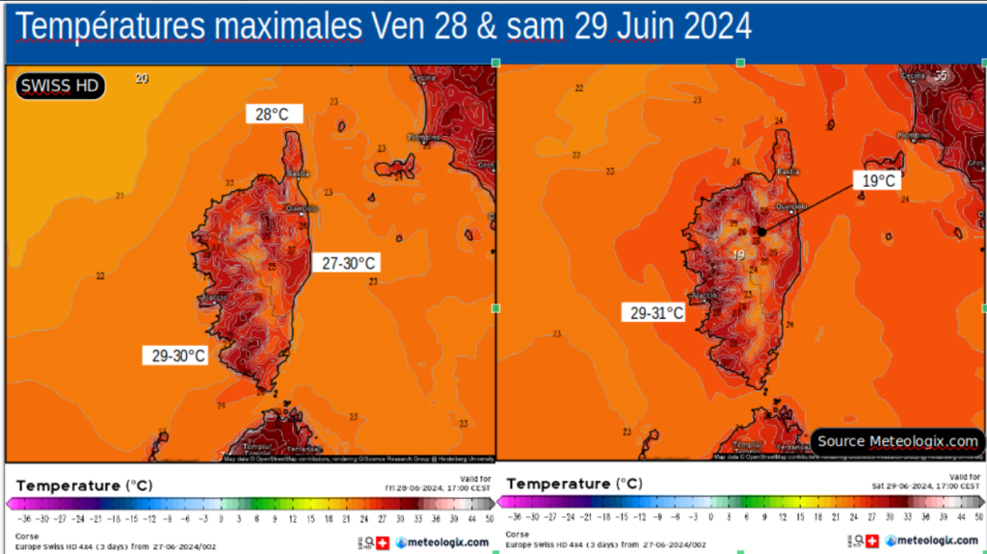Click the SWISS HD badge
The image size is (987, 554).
[60, 86]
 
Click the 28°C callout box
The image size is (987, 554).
[273, 114]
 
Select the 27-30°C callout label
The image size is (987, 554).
[348, 263]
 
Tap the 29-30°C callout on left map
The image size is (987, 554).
[178, 356]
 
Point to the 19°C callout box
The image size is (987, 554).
[878, 180]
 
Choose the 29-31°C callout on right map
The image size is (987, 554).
[656, 313]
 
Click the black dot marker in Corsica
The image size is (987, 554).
[761, 231]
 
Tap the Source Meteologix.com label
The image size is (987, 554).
[897, 441]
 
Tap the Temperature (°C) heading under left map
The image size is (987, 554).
[84, 486]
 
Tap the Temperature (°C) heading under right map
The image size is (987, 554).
[573, 484]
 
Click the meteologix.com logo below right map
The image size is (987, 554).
[931, 541]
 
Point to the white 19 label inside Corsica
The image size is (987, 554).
[738, 254]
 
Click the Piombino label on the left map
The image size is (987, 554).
[422, 138]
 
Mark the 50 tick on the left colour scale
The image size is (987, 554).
[490, 518]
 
